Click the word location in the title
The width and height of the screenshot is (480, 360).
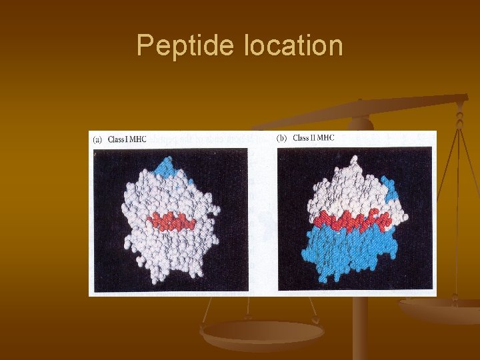[x=294, y=46]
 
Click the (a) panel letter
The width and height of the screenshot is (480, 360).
[x=97, y=139]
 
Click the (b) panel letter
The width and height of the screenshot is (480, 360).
[x=281, y=138]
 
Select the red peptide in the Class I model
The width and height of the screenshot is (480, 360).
[x=171, y=221]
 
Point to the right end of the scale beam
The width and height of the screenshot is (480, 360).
[x=460, y=100]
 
